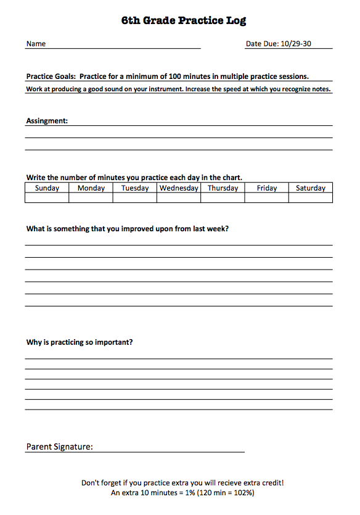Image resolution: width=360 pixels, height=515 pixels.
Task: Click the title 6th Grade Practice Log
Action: point(184,20)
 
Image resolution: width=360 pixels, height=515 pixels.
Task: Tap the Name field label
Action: point(36,44)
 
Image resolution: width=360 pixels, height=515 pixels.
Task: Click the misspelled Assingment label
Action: point(47,121)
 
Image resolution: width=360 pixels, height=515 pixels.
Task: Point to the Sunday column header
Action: point(47,188)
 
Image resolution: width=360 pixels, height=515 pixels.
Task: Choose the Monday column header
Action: point(91,188)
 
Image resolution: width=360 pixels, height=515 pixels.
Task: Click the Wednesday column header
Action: point(179,188)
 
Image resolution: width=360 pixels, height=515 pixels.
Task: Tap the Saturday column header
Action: point(311,188)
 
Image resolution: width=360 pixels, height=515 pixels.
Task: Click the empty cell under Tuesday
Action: point(135,198)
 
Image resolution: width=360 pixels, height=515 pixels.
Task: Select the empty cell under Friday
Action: point(267,198)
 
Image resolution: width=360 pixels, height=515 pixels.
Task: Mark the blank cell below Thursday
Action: point(223,198)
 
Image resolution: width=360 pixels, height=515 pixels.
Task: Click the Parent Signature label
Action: point(59,447)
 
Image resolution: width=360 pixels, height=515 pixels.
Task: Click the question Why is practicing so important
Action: point(80,342)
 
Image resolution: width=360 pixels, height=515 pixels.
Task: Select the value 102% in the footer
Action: point(240,493)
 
